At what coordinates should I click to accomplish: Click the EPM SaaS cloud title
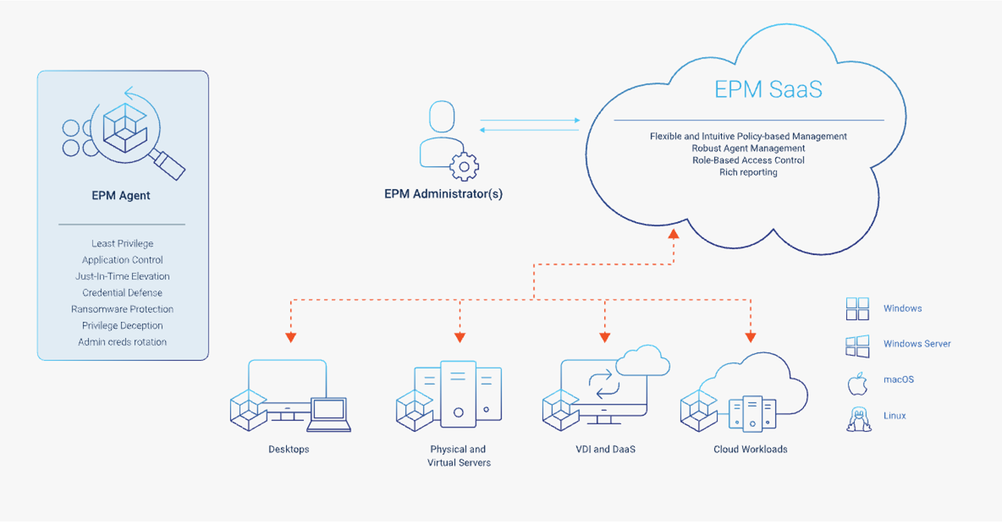768,90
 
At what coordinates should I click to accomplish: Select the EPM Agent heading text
121,196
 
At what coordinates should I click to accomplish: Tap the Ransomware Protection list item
122,309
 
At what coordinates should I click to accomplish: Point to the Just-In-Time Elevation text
122,276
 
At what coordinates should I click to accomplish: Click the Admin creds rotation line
122,342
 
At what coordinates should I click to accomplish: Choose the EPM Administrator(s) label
443,194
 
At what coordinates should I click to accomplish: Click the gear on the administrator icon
464,167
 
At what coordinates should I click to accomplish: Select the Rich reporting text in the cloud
748,173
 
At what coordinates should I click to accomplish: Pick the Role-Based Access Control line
748,161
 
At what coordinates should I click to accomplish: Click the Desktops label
289,449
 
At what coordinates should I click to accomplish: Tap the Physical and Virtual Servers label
459,456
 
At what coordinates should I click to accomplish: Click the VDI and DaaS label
605,449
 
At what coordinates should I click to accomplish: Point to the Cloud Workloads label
750,449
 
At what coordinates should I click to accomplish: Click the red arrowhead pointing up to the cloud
674,234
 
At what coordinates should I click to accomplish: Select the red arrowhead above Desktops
291,337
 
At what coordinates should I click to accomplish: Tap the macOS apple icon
858,384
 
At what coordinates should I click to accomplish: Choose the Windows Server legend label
917,344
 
